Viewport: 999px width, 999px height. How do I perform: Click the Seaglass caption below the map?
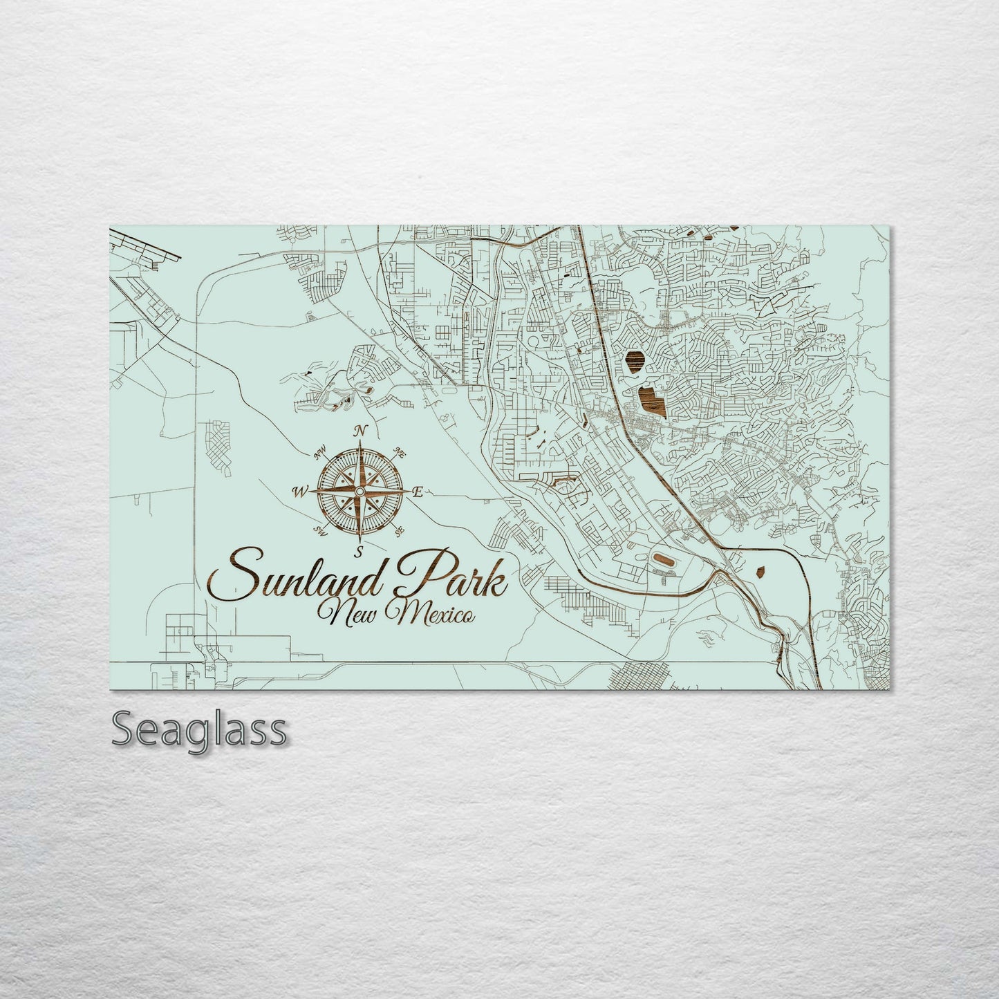(198, 729)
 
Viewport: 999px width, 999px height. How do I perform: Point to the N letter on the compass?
(359, 432)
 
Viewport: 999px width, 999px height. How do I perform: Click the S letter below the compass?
(359, 551)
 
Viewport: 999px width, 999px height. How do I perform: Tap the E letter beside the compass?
(417, 492)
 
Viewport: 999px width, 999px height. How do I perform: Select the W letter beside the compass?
(300, 492)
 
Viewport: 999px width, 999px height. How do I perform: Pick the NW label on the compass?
(319, 454)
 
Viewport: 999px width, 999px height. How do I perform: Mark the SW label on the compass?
(320, 531)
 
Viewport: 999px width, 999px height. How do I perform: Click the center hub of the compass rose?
(359, 491)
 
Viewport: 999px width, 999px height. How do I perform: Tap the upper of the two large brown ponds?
(634, 359)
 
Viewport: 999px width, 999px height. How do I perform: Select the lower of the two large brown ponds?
(649, 400)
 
